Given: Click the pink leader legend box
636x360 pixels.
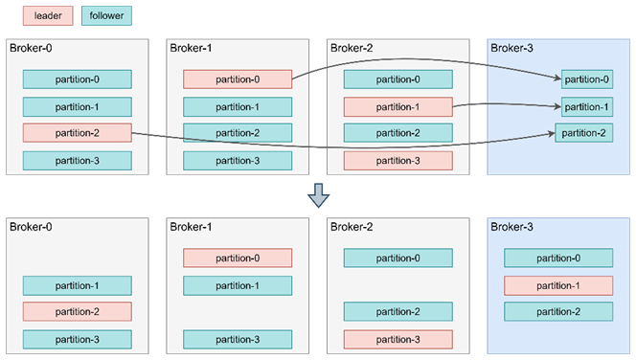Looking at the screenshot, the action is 48,16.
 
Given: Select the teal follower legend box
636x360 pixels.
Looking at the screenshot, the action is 106,16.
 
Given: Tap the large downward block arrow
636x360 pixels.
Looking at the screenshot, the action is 318,196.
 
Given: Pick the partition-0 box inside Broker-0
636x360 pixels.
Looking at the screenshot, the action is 77,79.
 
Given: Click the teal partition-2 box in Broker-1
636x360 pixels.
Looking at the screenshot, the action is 238,133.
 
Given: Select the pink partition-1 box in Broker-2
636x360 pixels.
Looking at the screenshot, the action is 397,107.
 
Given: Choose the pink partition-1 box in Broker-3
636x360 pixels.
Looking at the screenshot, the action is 558,286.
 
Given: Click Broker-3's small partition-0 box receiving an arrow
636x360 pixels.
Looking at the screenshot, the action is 587,79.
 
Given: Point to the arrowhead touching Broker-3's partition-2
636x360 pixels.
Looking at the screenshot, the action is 552,133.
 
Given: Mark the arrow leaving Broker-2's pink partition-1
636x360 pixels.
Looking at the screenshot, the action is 507,104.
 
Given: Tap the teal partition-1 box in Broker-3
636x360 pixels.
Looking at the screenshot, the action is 587,107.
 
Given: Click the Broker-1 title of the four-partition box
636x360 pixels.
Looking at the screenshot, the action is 191,48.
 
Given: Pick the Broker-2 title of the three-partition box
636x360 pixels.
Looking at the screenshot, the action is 352,227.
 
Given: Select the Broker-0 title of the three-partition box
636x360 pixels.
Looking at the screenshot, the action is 31,227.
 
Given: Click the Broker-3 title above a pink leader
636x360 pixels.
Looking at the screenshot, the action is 511,227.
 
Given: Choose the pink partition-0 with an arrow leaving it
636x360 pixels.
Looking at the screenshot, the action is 238,79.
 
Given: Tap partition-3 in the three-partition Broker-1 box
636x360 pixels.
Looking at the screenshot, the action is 238,340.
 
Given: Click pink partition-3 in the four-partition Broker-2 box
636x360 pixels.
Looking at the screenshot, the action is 397,161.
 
